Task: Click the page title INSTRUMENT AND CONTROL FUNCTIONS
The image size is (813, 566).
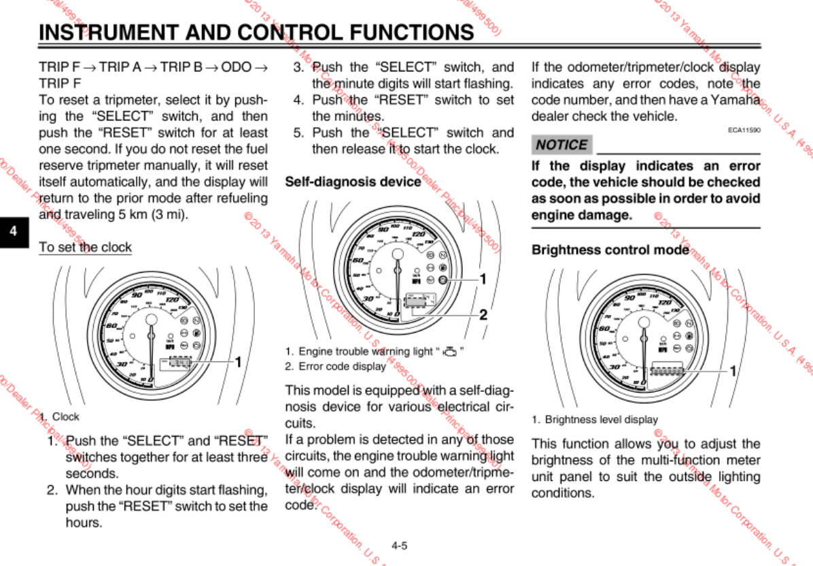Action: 256,32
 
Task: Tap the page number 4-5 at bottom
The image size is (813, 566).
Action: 399,545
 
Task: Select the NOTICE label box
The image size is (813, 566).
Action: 561,145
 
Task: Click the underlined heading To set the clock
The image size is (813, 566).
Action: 85,247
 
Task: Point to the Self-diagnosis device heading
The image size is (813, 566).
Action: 353,182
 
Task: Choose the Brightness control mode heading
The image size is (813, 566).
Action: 610,250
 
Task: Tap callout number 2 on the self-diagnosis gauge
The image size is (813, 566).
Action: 483,315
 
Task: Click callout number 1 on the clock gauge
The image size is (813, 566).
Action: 239,361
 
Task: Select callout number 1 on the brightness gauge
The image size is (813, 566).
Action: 733,371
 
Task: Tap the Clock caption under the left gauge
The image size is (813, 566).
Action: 65,416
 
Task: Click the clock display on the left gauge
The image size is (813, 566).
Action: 179,362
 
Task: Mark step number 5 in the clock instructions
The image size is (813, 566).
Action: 298,133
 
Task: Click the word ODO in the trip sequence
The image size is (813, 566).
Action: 236,67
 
